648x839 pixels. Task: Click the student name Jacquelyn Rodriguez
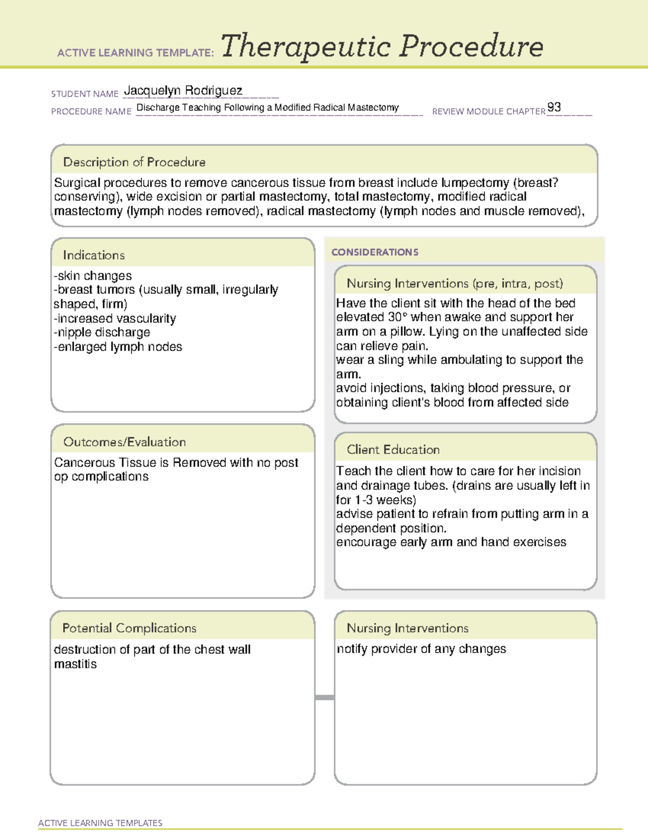[x=183, y=91]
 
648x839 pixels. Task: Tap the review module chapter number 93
[x=554, y=107]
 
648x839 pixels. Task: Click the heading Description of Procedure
[x=134, y=162]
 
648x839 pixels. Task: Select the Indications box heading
[x=93, y=255]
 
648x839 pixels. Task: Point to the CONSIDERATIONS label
[x=375, y=252]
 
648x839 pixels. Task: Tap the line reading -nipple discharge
[x=102, y=332]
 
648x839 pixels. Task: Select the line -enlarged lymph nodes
[x=118, y=347]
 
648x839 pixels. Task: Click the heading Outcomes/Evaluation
[x=124, y=442]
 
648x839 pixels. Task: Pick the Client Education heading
[x=393, y=449]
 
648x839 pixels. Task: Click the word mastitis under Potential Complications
[x=76, y=664]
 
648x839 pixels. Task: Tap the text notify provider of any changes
[x=421, y=649]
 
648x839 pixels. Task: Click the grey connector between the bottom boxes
[x=325, y=697]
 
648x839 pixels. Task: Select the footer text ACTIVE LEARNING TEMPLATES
[x=100, y=823]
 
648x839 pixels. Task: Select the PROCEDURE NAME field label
[x=91, y=111]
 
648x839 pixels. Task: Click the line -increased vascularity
[x=115, y=318]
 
